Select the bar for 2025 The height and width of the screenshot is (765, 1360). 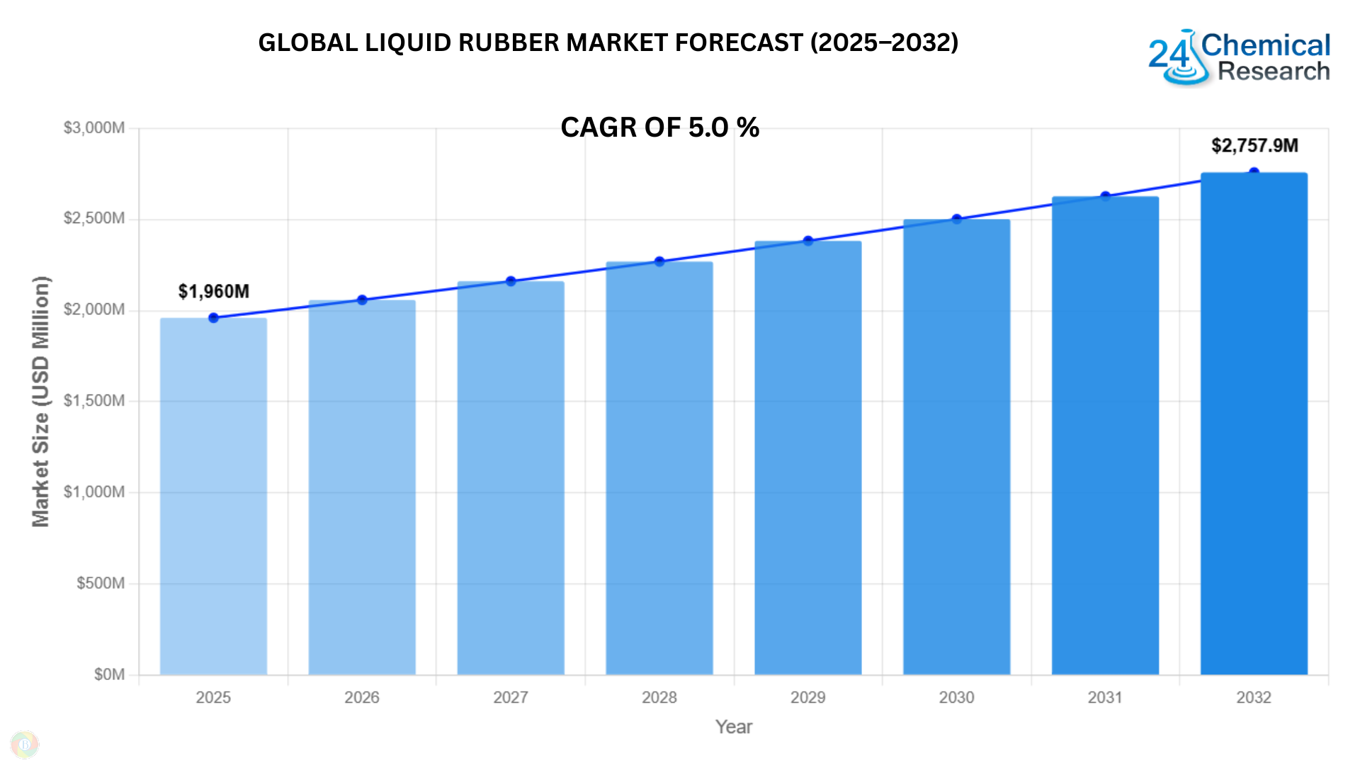[213, 496]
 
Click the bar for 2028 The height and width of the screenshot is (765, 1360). [659, 467]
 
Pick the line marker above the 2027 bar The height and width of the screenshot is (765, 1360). [511, 281]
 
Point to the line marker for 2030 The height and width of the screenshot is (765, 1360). [957, 219]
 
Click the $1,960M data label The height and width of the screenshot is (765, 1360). [213, 291]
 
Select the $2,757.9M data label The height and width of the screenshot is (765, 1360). [1254, 146]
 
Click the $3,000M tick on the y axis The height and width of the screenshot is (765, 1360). [94, 128]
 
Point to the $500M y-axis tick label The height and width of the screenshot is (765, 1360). [101, 583]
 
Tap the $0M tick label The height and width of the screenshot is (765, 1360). [109, 674]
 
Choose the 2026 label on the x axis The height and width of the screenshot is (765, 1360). [362, 698]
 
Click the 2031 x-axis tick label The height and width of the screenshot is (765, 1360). [1105, 698]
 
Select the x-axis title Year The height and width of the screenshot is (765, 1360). [733, 727]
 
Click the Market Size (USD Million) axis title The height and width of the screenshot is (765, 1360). [41, 401]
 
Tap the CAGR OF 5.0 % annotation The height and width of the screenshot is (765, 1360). [659, 127]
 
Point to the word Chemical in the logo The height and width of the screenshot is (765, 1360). [1266, 45]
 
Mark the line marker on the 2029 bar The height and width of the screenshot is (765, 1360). [808, 241]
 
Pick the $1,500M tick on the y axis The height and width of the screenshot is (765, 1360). [94, 401]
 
